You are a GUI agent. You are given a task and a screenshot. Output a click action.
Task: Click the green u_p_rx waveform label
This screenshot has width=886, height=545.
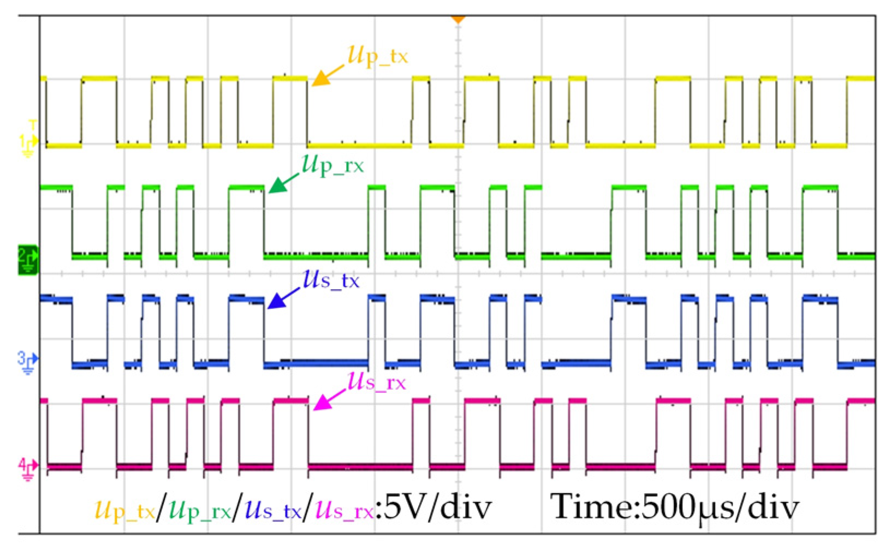tap(332, 164)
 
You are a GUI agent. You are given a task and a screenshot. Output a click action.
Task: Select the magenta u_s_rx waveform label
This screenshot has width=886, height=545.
tap(377, 382)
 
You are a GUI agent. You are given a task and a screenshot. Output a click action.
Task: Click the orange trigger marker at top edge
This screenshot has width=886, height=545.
tap(457, 20)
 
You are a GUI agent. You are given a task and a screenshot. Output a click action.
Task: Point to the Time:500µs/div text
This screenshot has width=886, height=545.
tap(675, 507)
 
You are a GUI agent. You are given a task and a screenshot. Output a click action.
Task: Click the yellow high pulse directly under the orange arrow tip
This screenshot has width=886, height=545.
tap(290, 79)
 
